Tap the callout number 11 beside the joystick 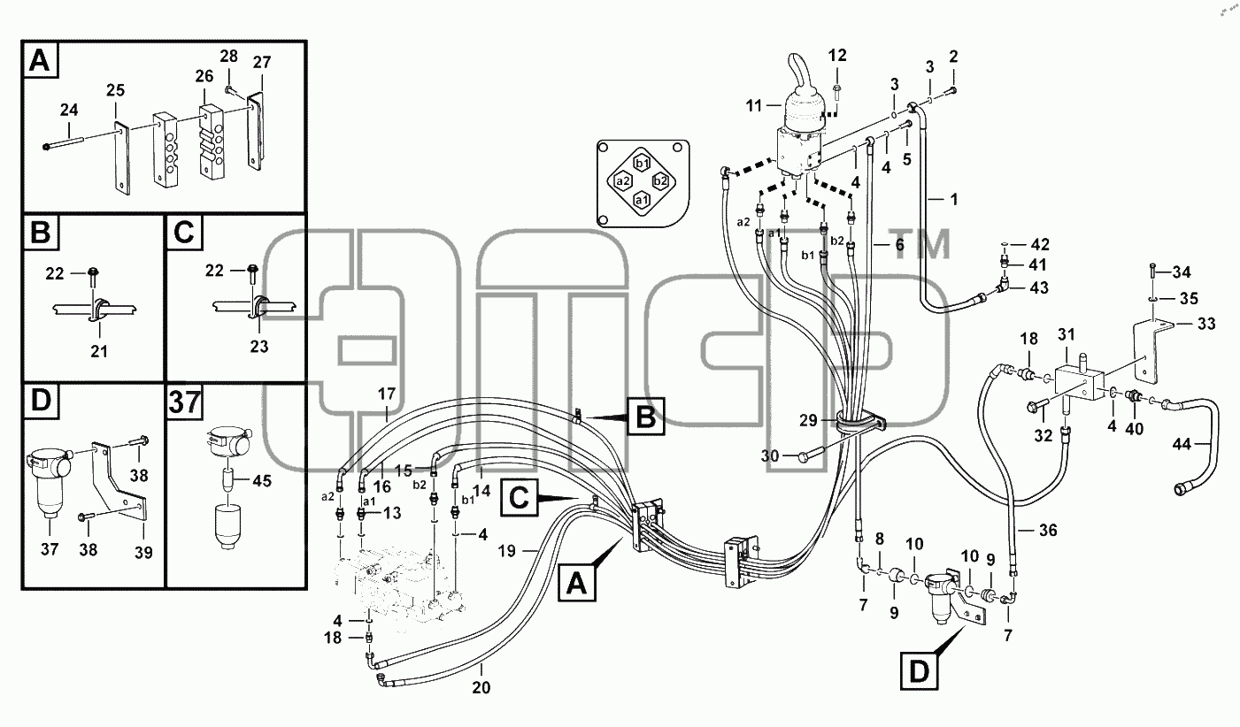(754, 105)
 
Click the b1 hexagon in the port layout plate (643, 164)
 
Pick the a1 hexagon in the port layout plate (642, 199)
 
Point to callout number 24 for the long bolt (69, 110)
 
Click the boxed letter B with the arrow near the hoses (645, 417)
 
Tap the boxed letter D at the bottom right (919, 672)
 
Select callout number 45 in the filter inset (261, 481)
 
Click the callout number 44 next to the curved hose (1182, 444)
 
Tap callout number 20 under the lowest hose (481, 687)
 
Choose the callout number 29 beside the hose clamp (808, 420)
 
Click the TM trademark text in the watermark (920, 245)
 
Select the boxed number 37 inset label (184, 402)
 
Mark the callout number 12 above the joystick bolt (837, 56)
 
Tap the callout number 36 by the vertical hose (1048, 530)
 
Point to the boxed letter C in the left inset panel (184, 233)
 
